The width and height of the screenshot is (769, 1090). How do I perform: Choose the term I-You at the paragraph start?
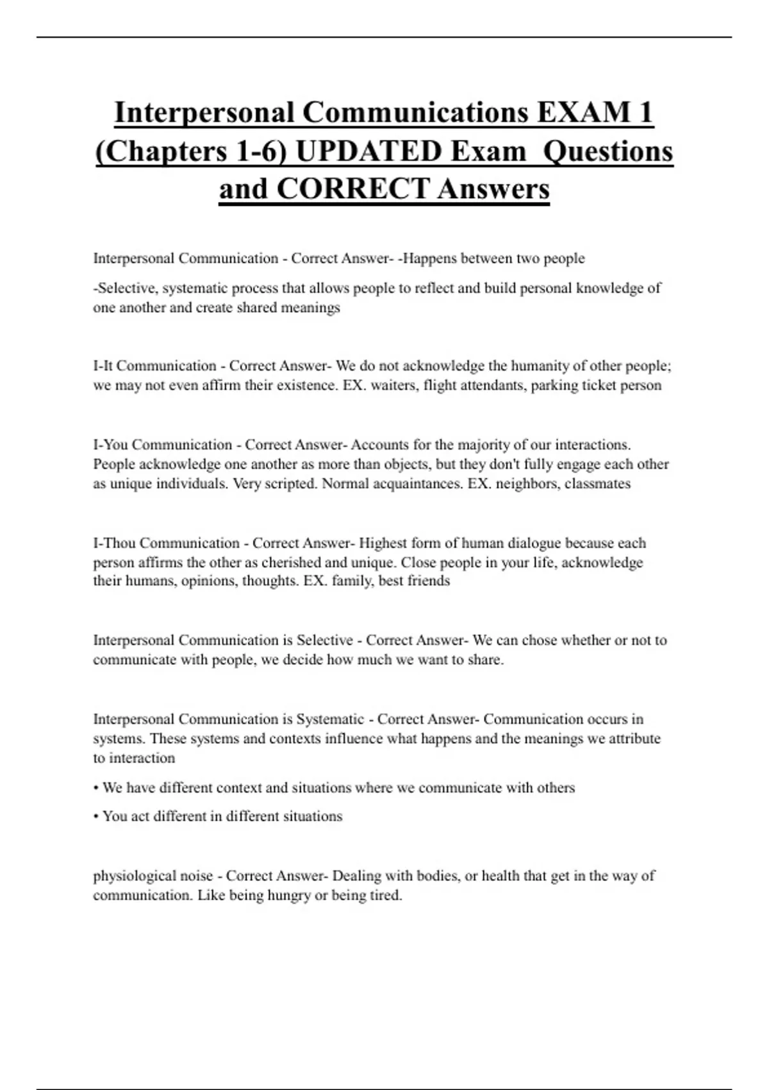(110, 445)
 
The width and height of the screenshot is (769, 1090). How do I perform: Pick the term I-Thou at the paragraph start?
(114, 543)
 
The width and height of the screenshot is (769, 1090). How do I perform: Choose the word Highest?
(383, 543)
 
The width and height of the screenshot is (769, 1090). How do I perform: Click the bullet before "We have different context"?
(95, 788)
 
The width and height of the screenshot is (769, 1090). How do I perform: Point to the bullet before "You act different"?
(95, 816)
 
